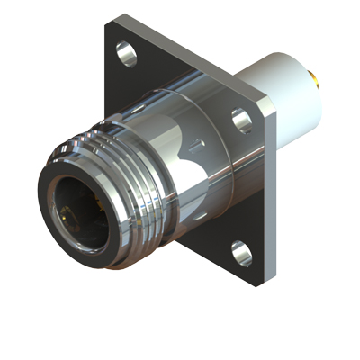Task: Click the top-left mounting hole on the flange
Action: pyautogui.click(x=123, y=52)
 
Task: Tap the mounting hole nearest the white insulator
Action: pyautogui.click(x=240, y=119)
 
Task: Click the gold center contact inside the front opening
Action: pyautogui.click(x=72, y=216)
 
